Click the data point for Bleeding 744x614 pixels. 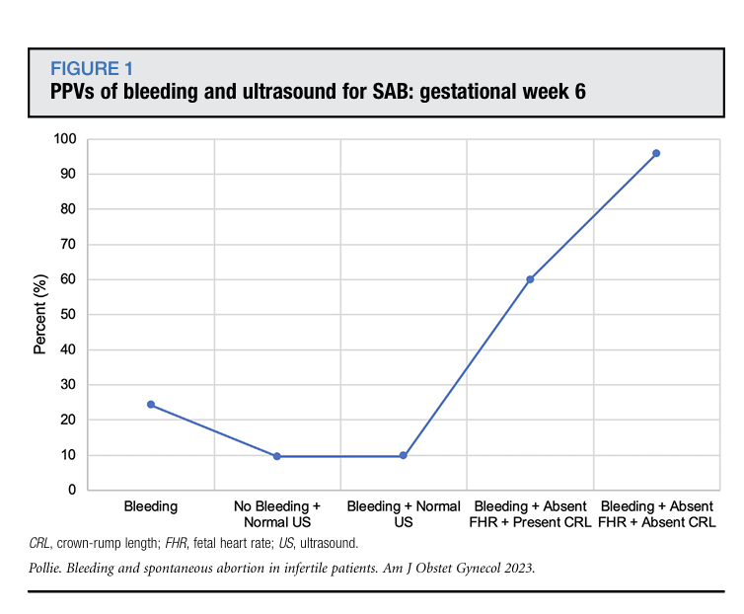pyautogui.click(x=151, y=405)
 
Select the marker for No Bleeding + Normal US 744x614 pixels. pyautogui.click(x=277, y=456)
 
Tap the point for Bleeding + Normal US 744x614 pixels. pyautogui.click(x=404, y=456)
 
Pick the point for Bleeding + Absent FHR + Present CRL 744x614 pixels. pyautogui.click(x=530, y=279)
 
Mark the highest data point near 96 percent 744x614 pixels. pyautogui.click(x=656, y=153)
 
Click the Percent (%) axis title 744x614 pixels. pyautogui.click(x=40, y=315)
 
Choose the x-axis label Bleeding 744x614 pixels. pyautogui.click(x=151, y=507)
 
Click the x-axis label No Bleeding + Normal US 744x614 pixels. pyautogui.click(x=277, y=514)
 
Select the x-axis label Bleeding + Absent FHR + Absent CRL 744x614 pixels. pyautogui.click(x=656, y=514)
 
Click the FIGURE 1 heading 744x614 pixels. pyautogui.click(x=92, y=69)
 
